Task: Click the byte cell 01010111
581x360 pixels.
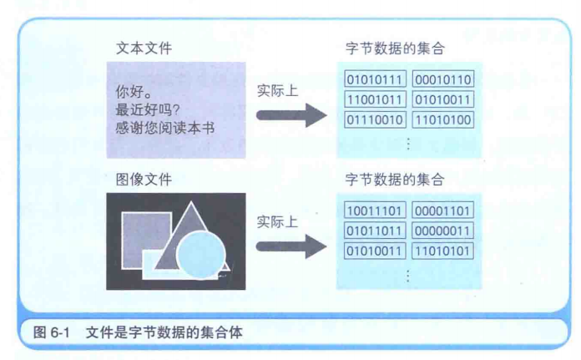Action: pos(376,79)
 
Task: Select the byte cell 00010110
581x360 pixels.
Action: pos(443,79)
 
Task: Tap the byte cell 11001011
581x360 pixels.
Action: pos(376,99)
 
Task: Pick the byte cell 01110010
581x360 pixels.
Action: pos(376,119)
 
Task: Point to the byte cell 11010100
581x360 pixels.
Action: pos(443,119)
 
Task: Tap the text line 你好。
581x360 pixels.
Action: pos(131,90)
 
